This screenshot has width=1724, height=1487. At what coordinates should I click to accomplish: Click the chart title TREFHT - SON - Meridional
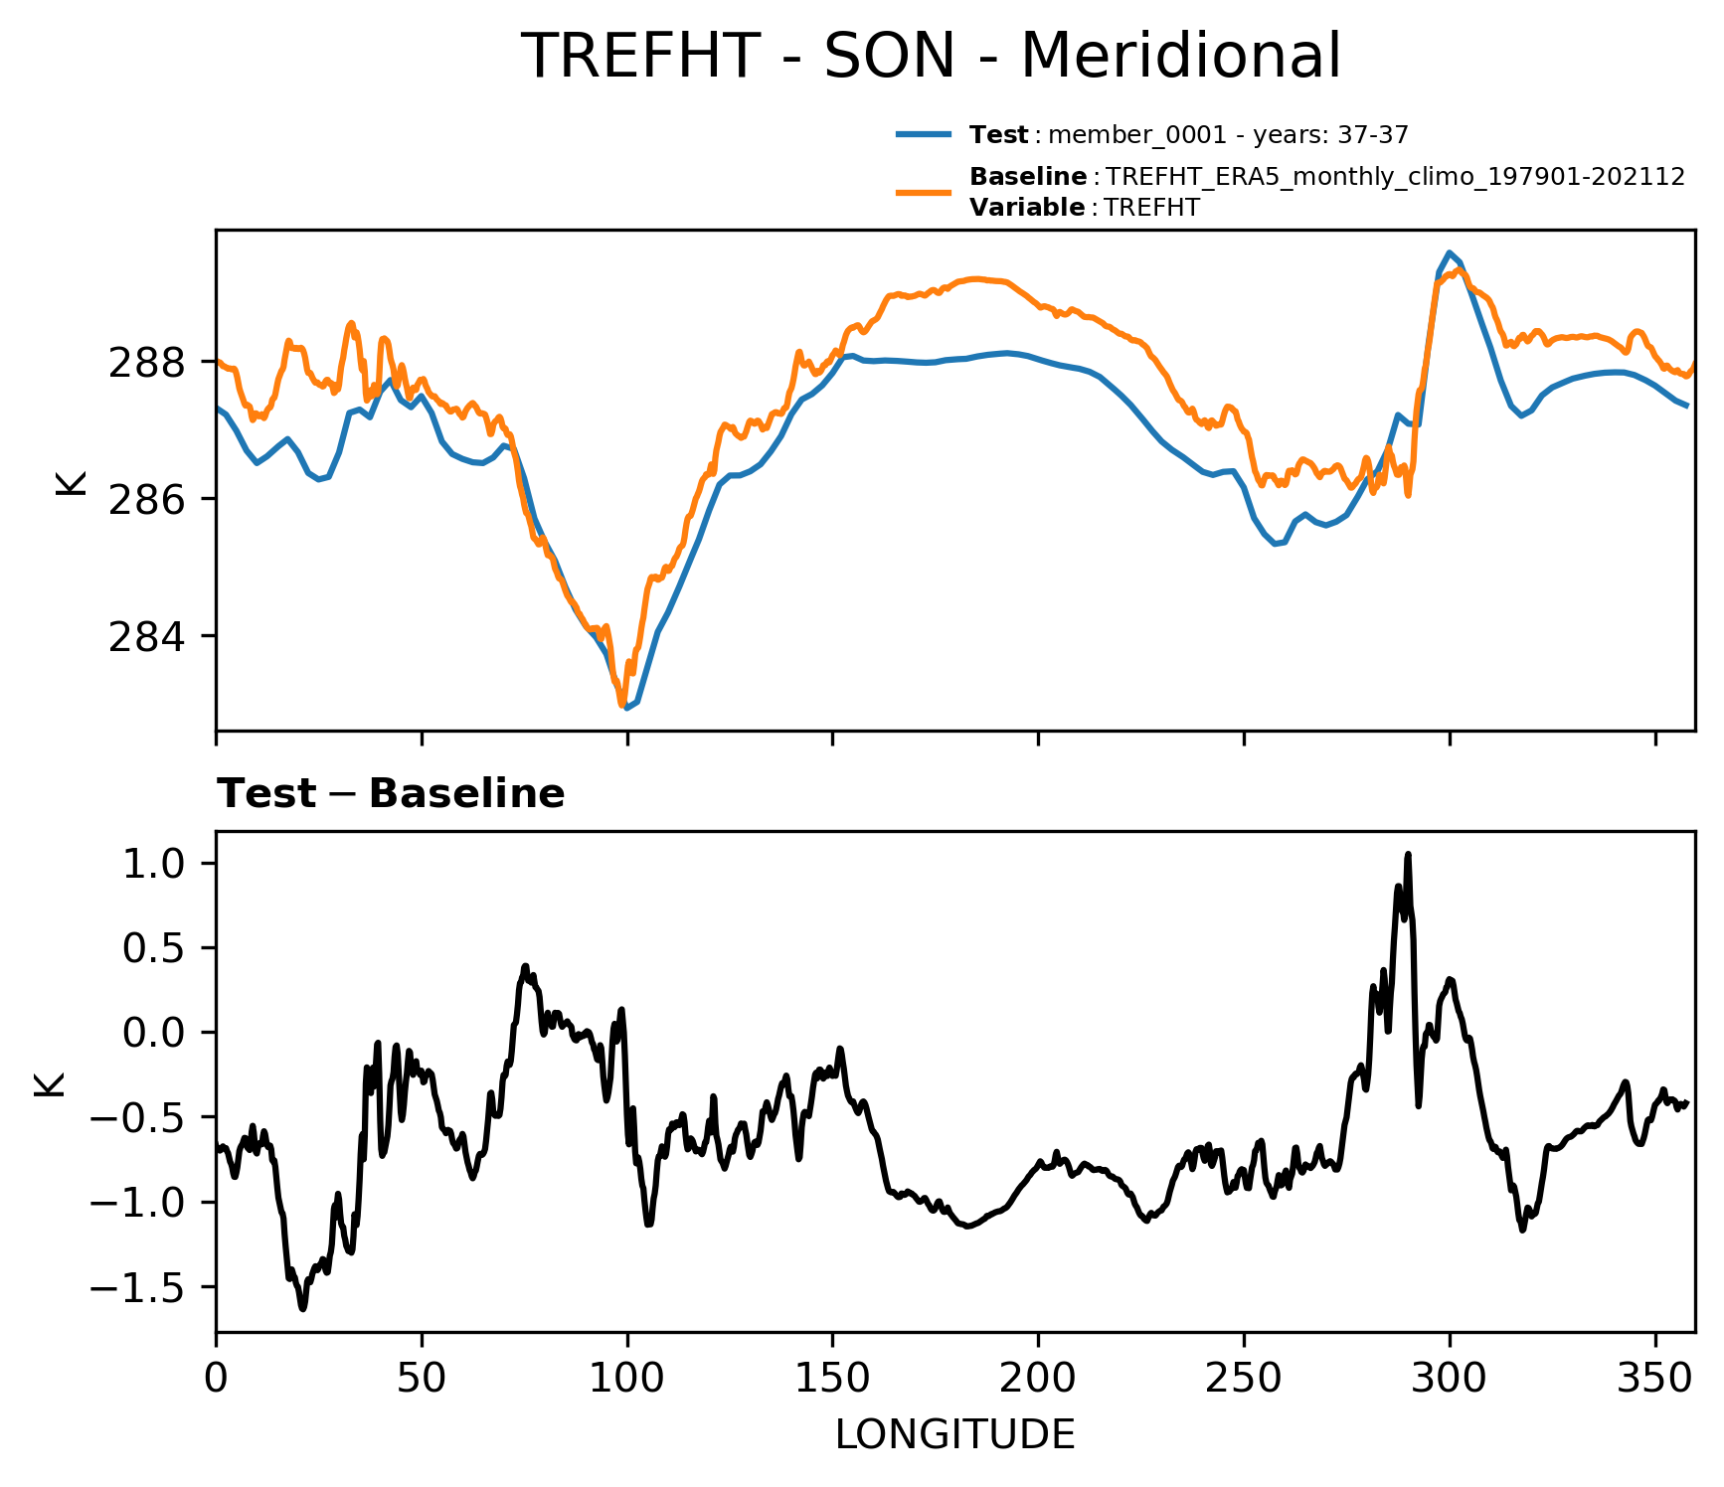pyautogui.click(x=931, y=56)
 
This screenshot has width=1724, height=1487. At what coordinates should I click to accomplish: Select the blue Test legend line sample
pyautogui.click(x=924, y=134)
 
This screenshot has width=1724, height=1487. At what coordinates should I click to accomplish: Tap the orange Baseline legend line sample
pyautogui.click(x=924, y=192)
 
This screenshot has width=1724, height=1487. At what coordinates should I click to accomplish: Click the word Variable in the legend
pyautogui.click(x=1027, y=208)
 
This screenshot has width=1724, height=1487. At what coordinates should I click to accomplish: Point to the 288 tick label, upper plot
pyautogui.click(x=146, y=363)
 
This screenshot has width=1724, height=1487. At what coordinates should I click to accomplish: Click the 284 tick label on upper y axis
pyautogui.click(x=146, y=636)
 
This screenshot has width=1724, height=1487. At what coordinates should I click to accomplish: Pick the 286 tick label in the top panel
pyautogui.click(x=146, y=499)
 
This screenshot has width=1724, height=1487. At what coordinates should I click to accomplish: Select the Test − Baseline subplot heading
pyautogui.click(x=391, y=794)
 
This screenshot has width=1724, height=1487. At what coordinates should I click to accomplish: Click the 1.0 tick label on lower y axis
pyautogui.click(x=154, y=863)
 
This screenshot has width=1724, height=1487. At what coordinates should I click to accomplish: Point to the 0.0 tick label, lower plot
pyautogui.click(x=154, y=1033)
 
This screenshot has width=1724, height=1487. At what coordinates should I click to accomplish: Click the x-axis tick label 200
pyautogui.click(x=1038, y=1378)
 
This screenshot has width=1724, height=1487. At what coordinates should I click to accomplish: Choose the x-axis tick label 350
pyautogui.click(x=1654, y=1378)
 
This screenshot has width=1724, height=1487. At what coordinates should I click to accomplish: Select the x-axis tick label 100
pyautogui.click(x=627, y=1378)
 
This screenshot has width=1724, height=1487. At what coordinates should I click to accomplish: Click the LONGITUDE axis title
pyautogui.click(x=954, y=1434)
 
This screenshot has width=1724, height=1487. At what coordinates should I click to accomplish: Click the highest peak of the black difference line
pyautogui.click(x=1408, y=855)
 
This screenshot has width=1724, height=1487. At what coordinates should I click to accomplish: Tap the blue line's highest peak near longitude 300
pyautogui.click(x=1450, y=252)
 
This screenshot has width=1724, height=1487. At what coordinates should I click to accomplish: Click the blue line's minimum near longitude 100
pyautogui.click(x=626, y=708)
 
